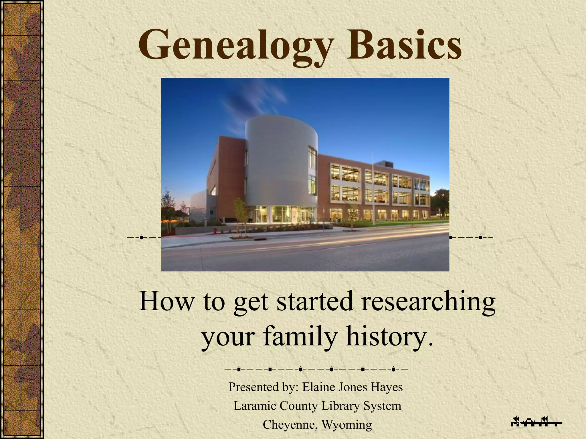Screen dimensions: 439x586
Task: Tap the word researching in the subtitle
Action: point(428,302)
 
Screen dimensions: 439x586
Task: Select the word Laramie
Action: point(255,406)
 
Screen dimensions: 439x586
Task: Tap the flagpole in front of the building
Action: point(373,189)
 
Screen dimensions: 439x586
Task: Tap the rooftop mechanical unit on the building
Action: point(384,164)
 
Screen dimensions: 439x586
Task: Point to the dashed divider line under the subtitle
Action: point(316,369)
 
